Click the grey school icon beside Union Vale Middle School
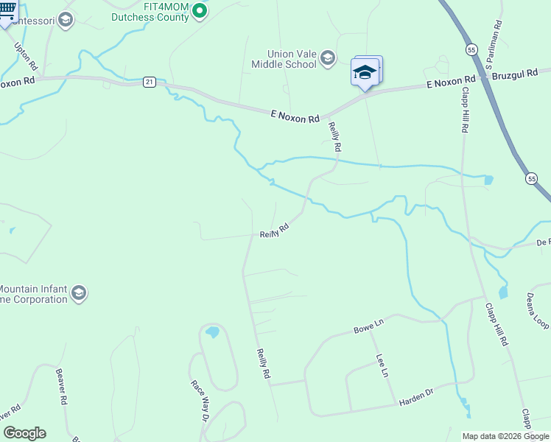point(328,57)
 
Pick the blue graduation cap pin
point(365,72)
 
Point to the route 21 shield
point(150,83)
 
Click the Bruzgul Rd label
point(516,77)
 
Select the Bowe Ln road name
point(369,324)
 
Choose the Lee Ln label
point(382,366)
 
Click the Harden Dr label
point(416,400)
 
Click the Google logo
point(24,433)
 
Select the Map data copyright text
point(505,436)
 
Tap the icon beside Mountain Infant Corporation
point(79,294)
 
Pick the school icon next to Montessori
point(66,19)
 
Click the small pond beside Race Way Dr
point(212,332)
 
